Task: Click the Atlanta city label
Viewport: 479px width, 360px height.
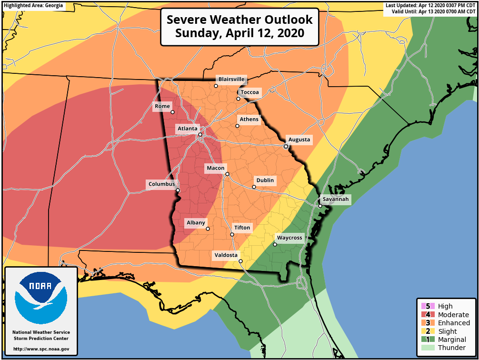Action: (x=187, y=129)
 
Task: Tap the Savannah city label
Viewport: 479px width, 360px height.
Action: (x=336, y=199)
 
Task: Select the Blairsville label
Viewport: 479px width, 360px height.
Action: (x=231, y=79)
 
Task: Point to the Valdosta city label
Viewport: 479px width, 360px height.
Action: (x=226, y=255)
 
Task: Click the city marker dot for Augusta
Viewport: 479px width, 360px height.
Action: (x=286, y=147)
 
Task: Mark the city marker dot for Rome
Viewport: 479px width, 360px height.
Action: (x=172, y=112)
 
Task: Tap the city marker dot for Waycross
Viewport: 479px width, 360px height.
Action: (x=275, y=245)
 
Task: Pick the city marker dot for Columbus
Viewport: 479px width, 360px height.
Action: (x=178, y=190)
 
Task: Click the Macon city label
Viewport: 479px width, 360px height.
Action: (x=215, y=168)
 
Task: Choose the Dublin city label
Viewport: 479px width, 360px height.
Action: (x=265, y=180)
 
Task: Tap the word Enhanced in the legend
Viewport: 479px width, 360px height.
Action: (x=454, y=323)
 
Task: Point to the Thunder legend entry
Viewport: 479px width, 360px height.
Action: (x=451, y=348)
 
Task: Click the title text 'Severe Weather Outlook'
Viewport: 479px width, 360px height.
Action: (x=239, y=20)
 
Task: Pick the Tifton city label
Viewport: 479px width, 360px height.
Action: (x=242, y=228)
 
